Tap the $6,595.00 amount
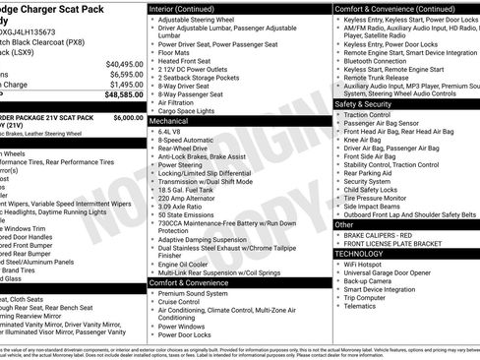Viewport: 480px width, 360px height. coord(127,73)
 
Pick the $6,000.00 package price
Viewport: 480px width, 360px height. coord(128,116)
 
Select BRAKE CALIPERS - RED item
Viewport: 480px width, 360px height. coord(384,235)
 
